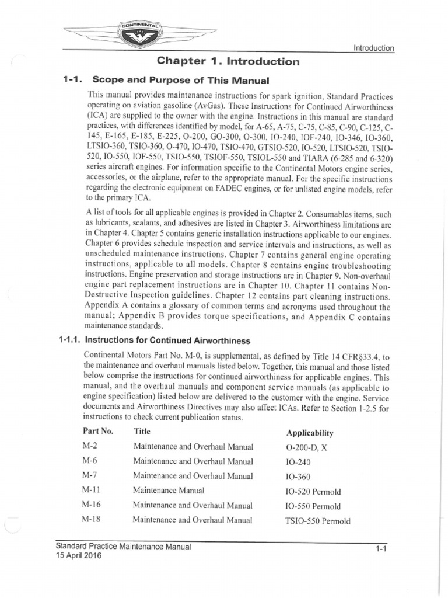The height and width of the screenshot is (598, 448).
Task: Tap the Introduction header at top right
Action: (x=374, y=48)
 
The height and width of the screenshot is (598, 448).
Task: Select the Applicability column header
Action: (x=310, y=433)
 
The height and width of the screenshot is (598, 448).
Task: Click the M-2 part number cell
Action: (x=90, y=447)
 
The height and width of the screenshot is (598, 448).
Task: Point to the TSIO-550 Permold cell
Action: (x=318, y=521)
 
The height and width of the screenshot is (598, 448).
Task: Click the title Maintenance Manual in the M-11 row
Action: (x=169, y=491)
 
